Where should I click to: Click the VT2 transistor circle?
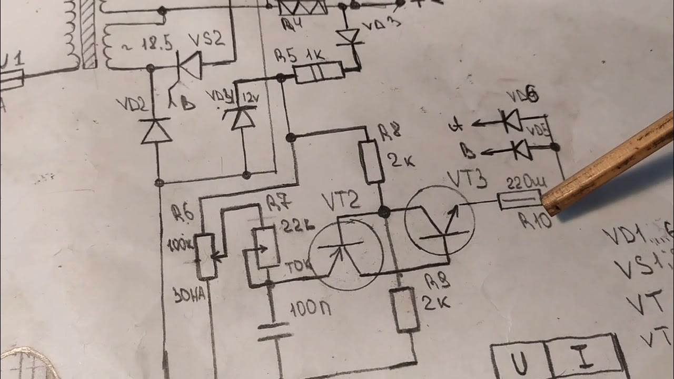[x=346, y=254]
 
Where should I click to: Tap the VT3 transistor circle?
[x=440, y=220]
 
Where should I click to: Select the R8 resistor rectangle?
[x=374, y=162]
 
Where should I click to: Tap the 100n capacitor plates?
[x=274, y=331]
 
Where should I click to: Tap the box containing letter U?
[x=518, y=362]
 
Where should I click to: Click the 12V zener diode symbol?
[x=243, y=118]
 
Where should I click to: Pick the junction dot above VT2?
[x=384, y=212]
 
